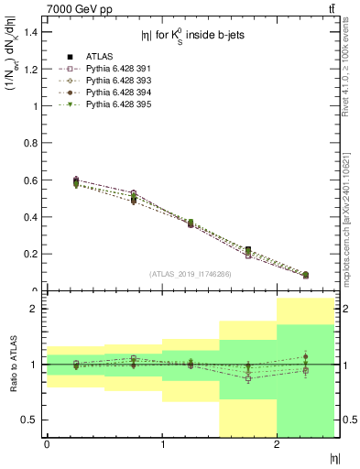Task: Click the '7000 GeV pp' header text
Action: point(75,8)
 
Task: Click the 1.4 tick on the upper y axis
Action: point(33,32)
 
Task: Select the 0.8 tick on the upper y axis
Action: point(33,143)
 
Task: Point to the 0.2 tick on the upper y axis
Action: point(33,254)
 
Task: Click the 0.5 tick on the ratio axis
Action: point(33,420)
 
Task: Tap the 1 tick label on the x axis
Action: point(162,444)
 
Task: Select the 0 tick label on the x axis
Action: point(47,444)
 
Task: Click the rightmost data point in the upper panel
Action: point(306,275)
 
